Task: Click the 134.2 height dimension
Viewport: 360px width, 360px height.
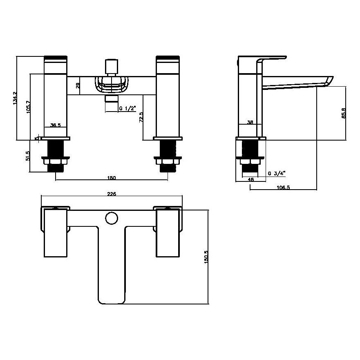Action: tap(15, 98)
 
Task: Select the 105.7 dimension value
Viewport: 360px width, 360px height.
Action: tap(28, 108)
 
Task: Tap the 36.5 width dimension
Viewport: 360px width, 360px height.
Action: tap(56, 125)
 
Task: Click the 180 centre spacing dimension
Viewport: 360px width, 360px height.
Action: tap(112, 178)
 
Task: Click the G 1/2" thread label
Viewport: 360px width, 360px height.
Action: tap(127, 109)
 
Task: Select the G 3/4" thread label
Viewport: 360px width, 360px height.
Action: tap(277, 173)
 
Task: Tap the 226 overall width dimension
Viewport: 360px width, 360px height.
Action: tap(112, 194)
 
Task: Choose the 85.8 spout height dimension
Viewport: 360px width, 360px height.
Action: tap(344, 113)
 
